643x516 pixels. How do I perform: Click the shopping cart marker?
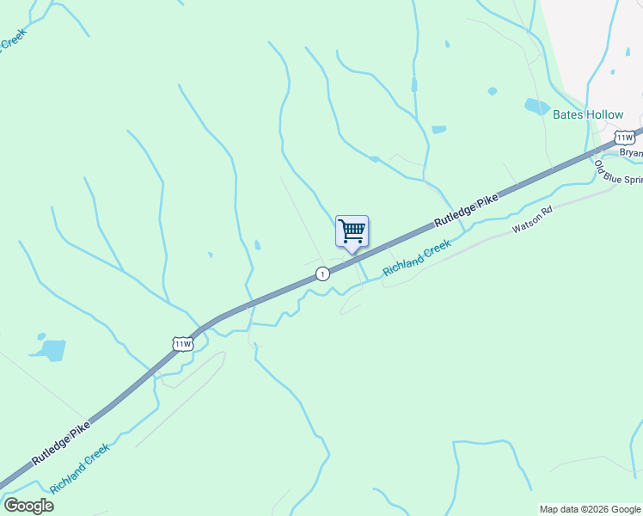pyautogui.click(x=352, y=231)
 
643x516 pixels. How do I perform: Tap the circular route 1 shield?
pyautogui.click(x=322, y=273)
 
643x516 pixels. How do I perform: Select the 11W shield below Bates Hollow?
pyautogui.click(x=625, y=138)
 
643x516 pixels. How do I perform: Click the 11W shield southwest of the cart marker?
pyautogui.click(x=183, y=344)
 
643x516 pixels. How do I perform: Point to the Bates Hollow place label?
pyautogui.click(x=587, y=115)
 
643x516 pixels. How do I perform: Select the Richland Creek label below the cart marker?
pyautogui.click(x=417, y=257)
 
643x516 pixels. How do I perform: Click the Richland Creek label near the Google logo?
pyautogui.click(x=79, y=469)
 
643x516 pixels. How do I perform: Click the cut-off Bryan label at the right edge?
pyautogui.click(x=631, y=153)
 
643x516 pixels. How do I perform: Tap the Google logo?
pyautogui.click(x=28, y=506)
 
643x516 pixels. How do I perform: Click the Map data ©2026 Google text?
pyautogui.click(x=590, y=509)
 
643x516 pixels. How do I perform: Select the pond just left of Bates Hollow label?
pyautogui.click(x=536, y=107)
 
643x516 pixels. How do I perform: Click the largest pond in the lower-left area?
pyautogui.click(x=51, y=350)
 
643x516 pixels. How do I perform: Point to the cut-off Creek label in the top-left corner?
pyautogui.click(x=12, y=41)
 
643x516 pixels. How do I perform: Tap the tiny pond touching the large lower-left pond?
pyautogui.click(x=40, y=335)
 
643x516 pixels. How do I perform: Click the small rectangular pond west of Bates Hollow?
pyautogui.click(x=438, y=130)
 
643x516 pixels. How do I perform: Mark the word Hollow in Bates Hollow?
pyautogui.click(x=605, y=115)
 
